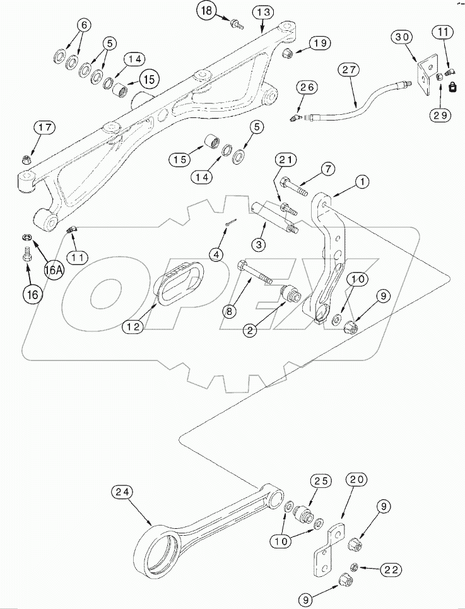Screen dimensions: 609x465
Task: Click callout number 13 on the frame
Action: pos(264,13)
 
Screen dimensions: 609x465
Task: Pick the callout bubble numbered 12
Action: pos(134,326)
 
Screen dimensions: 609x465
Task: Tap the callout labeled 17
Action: pos(45,128)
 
